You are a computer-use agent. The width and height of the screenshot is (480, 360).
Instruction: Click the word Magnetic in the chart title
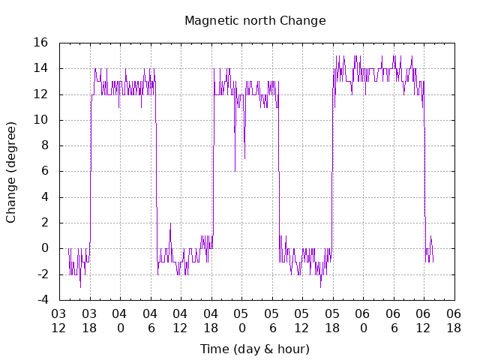point(210,20)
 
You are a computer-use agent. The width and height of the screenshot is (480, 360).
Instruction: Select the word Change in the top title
point(303,20)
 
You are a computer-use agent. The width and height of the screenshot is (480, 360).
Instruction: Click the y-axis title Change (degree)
point(11,171)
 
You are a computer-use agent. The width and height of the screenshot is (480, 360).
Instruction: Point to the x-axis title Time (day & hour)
point(254,349)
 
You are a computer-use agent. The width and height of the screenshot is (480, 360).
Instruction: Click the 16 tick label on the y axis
point(40,43)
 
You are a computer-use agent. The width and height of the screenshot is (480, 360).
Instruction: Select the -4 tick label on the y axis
point(42,300)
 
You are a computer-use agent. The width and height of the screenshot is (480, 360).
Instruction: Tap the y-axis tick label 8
point(45,145)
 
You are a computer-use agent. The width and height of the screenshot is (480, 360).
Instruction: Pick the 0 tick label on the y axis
point(45,248)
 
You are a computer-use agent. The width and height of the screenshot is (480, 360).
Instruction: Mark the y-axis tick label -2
point(42,274)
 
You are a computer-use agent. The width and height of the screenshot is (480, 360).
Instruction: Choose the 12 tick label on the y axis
point(40,94)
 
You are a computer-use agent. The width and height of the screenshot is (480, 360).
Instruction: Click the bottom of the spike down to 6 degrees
point(235,170)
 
